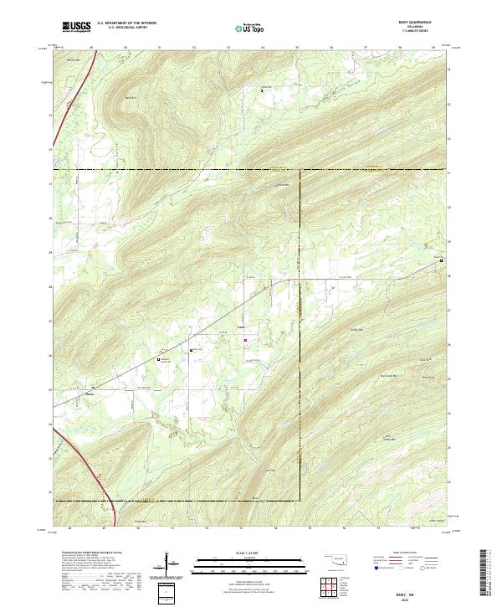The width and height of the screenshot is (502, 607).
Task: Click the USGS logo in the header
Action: tap(77, 27)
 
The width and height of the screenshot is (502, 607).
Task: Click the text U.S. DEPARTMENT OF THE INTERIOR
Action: tap(126, 23)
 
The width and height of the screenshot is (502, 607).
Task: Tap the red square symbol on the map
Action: tap(245, 339)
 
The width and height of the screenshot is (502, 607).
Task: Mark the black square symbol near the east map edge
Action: tap(443, 261)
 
